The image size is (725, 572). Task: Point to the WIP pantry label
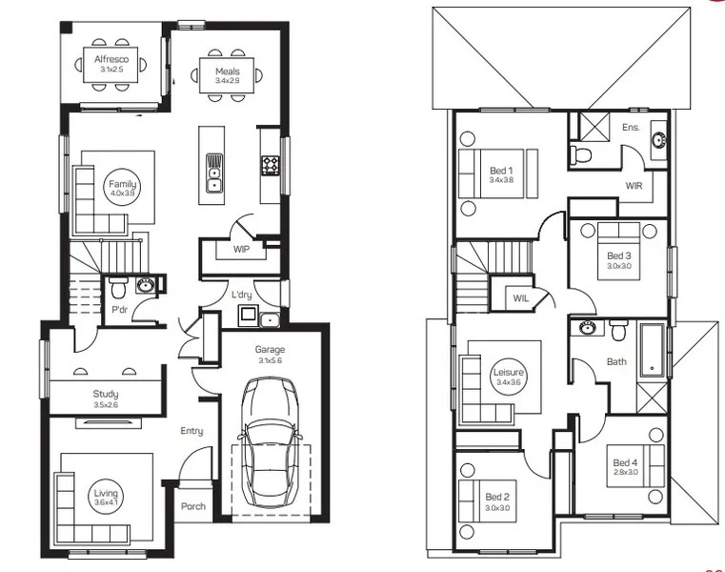click(240, 250)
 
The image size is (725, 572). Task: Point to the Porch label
click(193, 506)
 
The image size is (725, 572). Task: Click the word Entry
click(191, 431)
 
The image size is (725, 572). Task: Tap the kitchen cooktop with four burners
click(271, 166)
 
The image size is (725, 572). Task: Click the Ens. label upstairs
click(630, 126)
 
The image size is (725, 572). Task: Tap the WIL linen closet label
click(520, 298)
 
